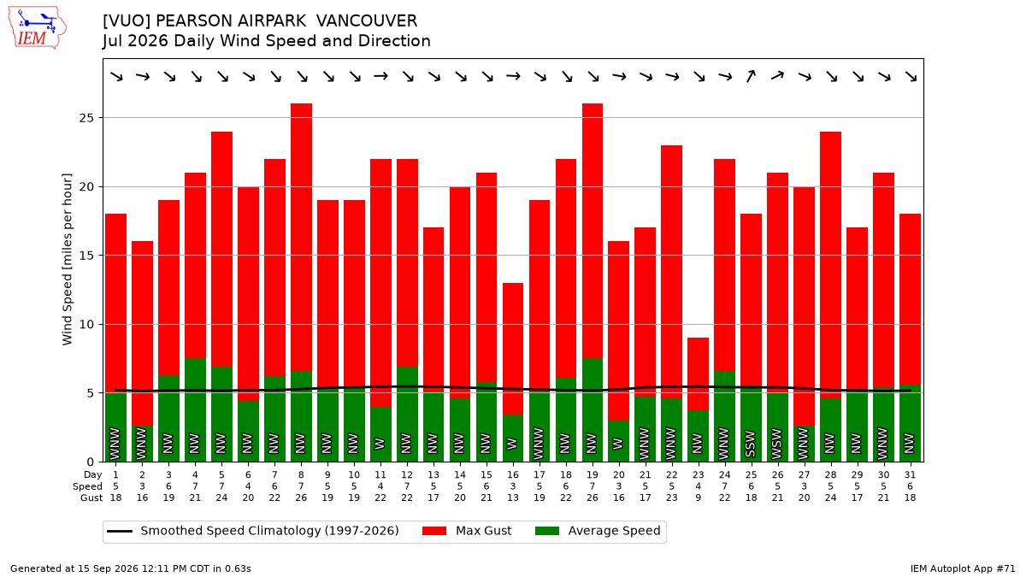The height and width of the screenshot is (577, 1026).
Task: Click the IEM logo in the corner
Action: [x=38, y=27]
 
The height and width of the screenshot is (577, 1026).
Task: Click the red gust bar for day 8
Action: [x=301, y=238]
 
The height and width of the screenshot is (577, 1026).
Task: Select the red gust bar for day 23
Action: [x=698, y=374]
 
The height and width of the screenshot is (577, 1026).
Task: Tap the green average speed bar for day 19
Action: [x=593, y=409]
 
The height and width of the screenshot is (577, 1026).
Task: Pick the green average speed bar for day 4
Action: [x=196, y=409]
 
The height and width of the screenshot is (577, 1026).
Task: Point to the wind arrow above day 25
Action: [x=751, y=76]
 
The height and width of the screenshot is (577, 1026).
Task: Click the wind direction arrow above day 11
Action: [x=380, y=76]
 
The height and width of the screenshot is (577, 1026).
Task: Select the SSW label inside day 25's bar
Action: [x=751, y=444]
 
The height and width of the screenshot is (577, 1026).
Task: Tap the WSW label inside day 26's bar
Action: [x=777, y=444]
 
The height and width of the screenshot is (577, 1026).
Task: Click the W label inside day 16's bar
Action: [x=512, y=444]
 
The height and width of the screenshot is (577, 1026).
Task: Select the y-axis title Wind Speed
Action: [x=68, y=259]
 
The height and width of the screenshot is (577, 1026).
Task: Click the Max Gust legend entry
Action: [x=467, y=531]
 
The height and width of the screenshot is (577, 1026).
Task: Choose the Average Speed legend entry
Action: [x=598, y=531]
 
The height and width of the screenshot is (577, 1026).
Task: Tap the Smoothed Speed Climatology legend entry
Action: [x=253, y=531]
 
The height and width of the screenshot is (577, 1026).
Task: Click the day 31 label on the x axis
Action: [x=910, y=475]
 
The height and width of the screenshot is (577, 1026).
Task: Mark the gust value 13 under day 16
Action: [x=512, y=498]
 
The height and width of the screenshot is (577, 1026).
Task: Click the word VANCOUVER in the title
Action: [x=367, y=21]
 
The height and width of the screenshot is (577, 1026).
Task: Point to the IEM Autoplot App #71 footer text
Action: [x=963, y=568]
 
